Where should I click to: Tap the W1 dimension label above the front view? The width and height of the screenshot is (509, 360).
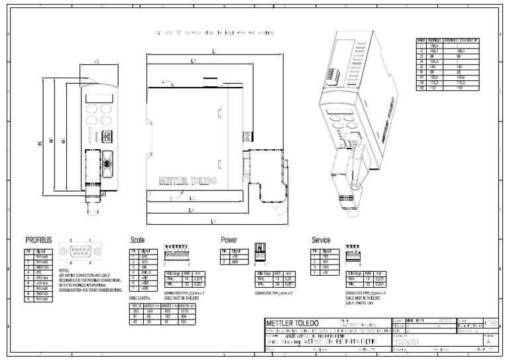(x=97, y=62)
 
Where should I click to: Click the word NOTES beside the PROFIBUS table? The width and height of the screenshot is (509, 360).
(x=64, y=270)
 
